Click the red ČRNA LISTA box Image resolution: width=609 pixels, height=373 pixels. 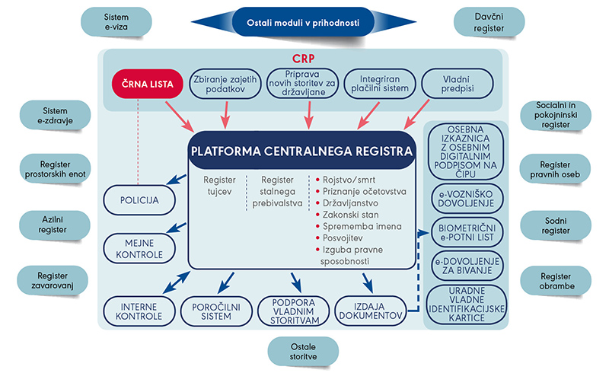[147, 84]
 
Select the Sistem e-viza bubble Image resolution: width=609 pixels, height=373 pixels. [116, 22]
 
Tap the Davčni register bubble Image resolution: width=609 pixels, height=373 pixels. [489, 22]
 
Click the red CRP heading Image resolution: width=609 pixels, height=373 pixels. [303, 59]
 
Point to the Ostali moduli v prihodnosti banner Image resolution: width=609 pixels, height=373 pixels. [303, 22]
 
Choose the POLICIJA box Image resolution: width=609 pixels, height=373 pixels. [139, 200]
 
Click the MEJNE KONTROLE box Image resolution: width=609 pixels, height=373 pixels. [139, 249]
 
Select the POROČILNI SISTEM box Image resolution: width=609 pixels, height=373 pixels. [216, 311]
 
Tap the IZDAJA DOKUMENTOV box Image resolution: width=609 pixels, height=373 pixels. [371, 311]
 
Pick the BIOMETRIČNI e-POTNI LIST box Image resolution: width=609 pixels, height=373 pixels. [467, 232]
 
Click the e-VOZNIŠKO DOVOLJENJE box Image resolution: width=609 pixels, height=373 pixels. [467, 199]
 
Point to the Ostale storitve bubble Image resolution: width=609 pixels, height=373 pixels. [303, 352]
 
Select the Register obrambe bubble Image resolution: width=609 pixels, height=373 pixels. [556, 281]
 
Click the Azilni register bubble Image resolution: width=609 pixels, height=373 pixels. [53, 225]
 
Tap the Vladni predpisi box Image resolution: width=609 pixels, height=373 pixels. [458, 84]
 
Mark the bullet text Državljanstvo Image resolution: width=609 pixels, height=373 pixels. [350, 203]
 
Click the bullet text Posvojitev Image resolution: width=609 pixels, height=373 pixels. [343, 238]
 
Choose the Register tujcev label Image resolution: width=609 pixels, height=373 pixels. [219, 186]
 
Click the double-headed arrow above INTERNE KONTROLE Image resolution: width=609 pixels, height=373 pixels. [177, 282]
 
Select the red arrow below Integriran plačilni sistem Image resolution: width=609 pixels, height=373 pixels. [368, 116]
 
